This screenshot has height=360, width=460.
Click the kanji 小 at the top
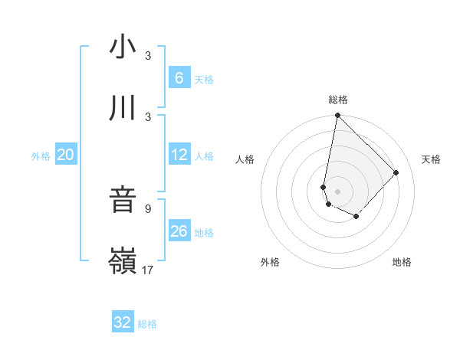point(123,47)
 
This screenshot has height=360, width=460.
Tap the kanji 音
point(123,200)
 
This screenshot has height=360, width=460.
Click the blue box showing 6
point(179,77)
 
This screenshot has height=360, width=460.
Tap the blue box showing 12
point(179,155)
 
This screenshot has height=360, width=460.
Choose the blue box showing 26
point(179,231)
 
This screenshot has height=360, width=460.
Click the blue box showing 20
point(65,155)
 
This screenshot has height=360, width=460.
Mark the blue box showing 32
point(123,322)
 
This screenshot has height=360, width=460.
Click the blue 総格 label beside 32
point(147,324)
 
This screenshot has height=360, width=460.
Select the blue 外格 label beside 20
point(41,156)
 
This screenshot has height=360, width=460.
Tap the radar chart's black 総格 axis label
point(338,100)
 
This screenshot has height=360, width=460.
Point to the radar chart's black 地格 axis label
point(402,262)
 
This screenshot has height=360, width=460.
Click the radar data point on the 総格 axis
point(337,116)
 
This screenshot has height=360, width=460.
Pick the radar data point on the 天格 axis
point(396,172)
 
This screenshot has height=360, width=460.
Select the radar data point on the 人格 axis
point(324,187)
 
